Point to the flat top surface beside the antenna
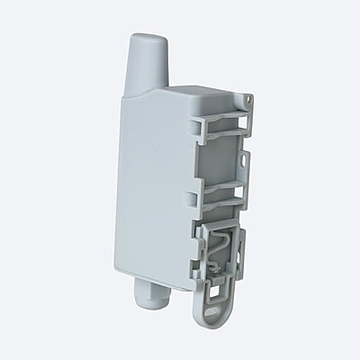pos(193,94)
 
